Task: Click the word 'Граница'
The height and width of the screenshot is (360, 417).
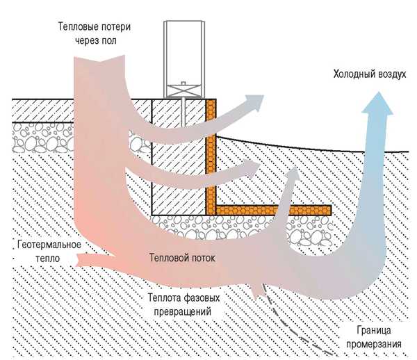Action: [x=364, y=330]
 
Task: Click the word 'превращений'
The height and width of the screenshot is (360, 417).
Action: [x=179, y=312]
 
